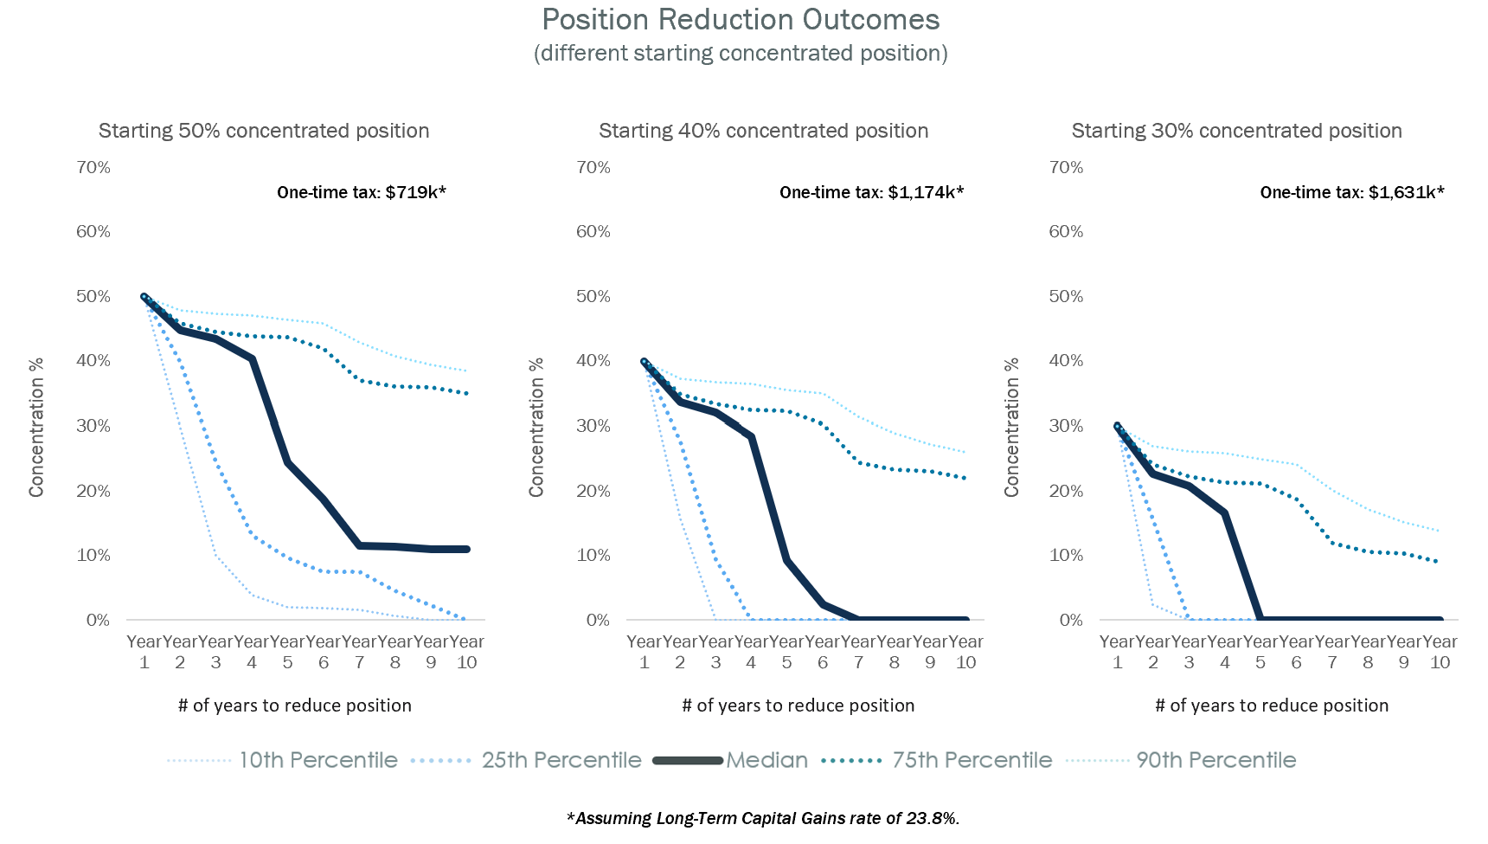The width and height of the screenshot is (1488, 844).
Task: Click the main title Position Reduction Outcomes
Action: (x=741, y=20)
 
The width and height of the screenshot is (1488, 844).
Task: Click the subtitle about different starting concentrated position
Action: (x=741, y=54)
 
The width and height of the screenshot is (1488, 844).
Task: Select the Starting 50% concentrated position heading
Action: (x=264, y=131)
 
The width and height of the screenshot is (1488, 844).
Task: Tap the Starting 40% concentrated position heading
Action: (x=763, y=131)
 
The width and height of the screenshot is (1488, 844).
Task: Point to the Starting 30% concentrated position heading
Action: (x=1236, y=131)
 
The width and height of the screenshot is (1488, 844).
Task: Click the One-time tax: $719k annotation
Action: (x=361, y=192)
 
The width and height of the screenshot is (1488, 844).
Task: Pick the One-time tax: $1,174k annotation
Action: (x=870, y=192)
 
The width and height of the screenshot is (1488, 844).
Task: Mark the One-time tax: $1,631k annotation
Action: (x=1351, y=192)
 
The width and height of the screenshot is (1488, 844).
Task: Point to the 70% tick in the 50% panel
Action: (x=93, y=167)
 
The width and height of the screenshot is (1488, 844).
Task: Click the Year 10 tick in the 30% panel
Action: (x=1440, y=652)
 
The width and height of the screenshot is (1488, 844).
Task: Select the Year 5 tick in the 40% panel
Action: (x=786, y=652)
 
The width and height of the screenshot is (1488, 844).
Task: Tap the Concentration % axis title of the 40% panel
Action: (x=536, y=427)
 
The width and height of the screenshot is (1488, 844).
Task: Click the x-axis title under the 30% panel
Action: (x=1271, y=705)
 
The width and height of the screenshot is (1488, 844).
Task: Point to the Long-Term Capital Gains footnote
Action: (x=763, y=818)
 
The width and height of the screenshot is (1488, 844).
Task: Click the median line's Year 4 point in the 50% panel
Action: (x=252, y=358)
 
